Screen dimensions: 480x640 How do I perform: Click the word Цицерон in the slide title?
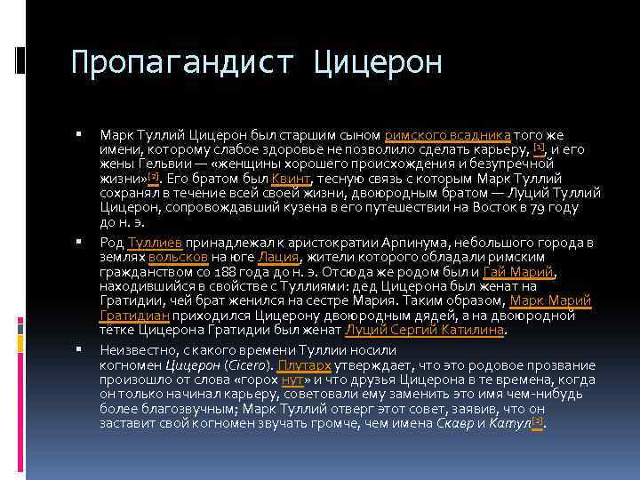click(379, 62)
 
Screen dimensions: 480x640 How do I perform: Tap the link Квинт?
click(290, 178)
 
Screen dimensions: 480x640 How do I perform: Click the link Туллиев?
click(156, 243)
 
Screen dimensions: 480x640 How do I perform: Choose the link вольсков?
click(178, 257)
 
